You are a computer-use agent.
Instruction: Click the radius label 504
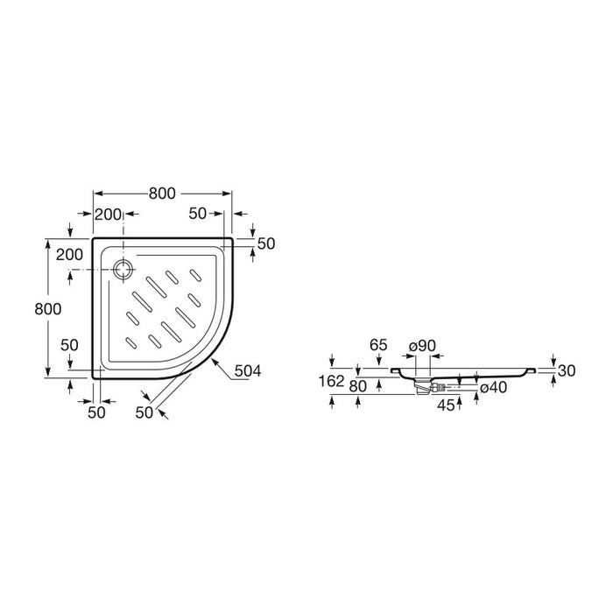click(248, 370)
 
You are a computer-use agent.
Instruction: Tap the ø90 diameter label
click(422, 346)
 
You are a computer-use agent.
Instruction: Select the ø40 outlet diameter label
click(493, 387)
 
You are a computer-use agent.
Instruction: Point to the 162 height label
click(332, 381)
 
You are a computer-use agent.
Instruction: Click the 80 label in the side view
click(357, 386)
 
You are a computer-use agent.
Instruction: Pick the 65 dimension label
click(378, 345)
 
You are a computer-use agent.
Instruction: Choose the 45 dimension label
click(446, 405)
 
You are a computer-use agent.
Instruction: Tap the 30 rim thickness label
click(567, 370)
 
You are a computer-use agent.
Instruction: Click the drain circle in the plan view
click(123, 270)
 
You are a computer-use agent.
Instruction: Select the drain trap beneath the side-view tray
click(422, 387)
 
